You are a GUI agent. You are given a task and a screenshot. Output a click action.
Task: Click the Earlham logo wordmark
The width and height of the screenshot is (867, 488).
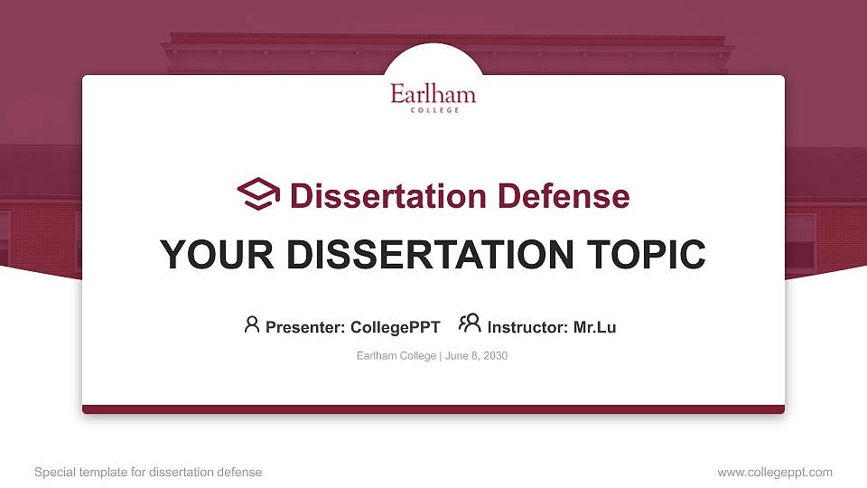433,94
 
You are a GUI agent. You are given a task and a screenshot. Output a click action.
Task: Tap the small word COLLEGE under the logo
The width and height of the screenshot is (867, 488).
433,110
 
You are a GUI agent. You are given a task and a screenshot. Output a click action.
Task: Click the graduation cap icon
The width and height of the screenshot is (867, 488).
258,193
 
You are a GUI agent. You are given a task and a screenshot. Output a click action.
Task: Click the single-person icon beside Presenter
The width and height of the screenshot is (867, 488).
252,324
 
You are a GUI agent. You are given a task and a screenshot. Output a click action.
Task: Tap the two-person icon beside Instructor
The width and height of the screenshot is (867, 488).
470,324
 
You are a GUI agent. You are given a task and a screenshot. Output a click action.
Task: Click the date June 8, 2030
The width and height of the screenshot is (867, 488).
476,356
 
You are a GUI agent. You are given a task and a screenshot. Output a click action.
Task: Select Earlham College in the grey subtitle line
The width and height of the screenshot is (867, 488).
396,356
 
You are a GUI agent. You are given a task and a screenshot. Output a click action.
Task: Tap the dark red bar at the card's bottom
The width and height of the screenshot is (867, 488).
433,409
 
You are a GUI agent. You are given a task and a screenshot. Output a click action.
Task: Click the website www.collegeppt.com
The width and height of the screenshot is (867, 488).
775,472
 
